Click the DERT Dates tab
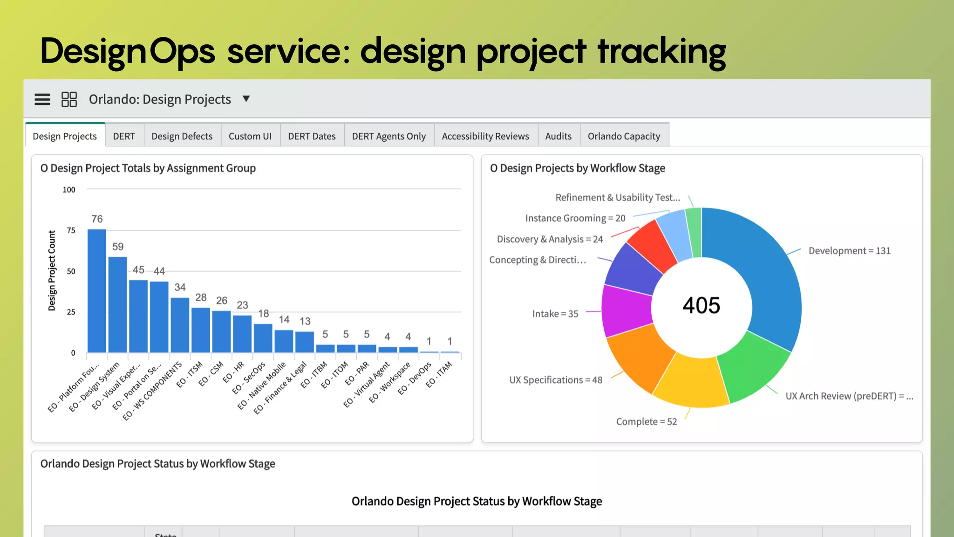312,136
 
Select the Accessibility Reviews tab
485,136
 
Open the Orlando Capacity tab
624,136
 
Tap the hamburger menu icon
42,99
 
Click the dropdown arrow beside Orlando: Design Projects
246,99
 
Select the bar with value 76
97,291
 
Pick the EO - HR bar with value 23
242,334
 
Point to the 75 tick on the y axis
71,230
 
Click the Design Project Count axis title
52,270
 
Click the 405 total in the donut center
701,306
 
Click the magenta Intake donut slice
627,310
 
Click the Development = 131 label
849,251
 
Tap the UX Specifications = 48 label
556,380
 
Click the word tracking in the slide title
661,51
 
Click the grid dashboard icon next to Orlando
69,99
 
